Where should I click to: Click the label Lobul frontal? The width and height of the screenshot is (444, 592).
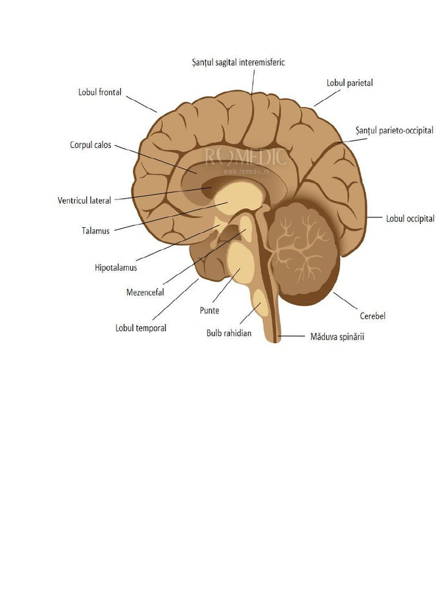click(100, 92)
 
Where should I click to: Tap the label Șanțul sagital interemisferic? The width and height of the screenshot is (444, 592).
click(238, 62)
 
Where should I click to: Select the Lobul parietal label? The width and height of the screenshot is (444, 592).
click(350, 83)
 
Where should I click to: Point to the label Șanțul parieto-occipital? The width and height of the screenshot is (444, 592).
click(394, 131)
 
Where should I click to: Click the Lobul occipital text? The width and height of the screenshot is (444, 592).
click(410, 219)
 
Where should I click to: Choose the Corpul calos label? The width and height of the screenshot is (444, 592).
click(91, 145)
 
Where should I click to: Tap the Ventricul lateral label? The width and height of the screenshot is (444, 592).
click(84, 201)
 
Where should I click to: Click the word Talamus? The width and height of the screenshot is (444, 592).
click(95, 231)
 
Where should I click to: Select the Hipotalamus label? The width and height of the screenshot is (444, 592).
click(116, 268)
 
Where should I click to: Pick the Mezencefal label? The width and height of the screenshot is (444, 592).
click(145, 292)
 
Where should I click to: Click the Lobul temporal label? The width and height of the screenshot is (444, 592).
click(141, 328)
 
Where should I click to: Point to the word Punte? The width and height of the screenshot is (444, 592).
click(209, 310)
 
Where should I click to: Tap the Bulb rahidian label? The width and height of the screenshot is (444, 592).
click(229, 333)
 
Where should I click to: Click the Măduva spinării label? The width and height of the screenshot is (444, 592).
click(337, 337)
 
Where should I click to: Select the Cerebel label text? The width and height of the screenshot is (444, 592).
click(373, 316)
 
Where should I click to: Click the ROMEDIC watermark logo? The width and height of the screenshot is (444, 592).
click(245, 158)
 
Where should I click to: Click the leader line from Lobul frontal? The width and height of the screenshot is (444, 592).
click(141, 104)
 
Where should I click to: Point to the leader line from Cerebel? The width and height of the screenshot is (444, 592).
click(345, 301)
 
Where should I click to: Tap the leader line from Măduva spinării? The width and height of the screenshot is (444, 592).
click(291, 336)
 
